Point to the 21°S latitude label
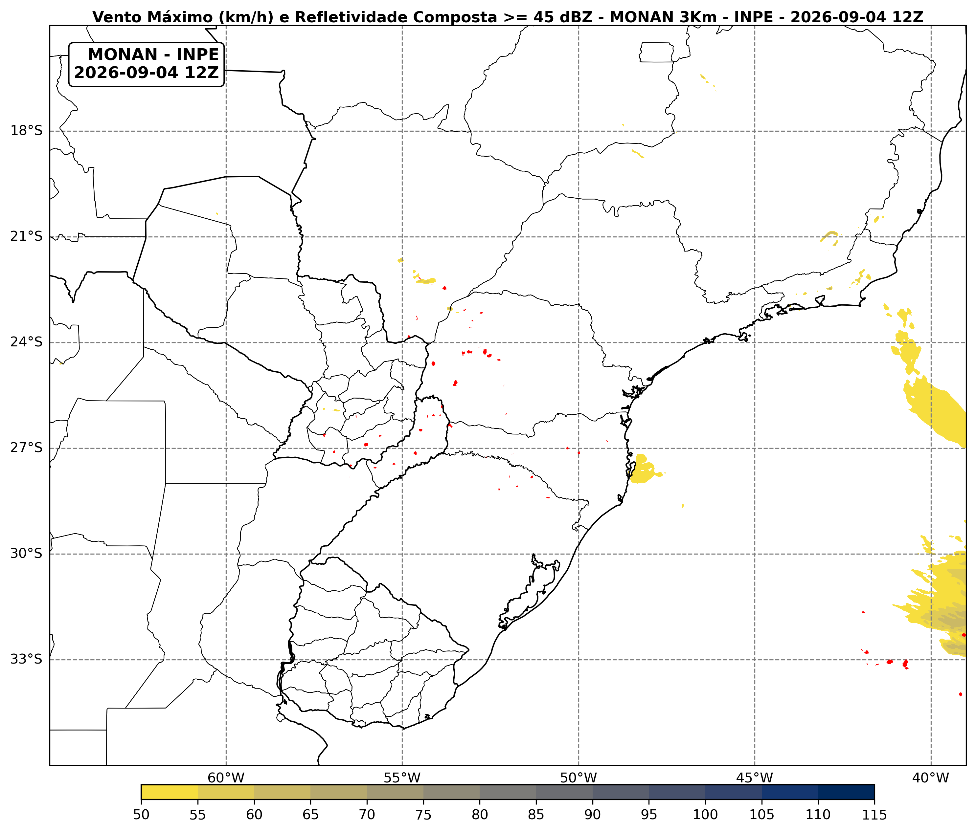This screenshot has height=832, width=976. pyautogui.click(x=26, y=236)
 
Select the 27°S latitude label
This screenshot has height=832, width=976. pyautogui.click(x=26, y=448)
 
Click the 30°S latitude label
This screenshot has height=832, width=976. pyautogui.click(x=26, y=553)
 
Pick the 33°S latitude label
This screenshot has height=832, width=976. pyautogui.click(x=26, y=659)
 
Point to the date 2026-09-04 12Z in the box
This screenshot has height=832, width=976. pyautogui.click(x=147, y=73)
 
